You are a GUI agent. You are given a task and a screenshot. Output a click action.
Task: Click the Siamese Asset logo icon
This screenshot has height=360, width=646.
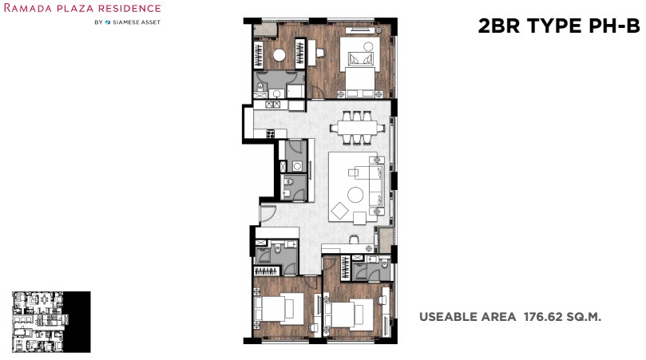pyautogui.click(x=108, y=22)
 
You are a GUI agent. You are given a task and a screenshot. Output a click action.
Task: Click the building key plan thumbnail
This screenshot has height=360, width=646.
pyautogui.click(x=51, y=322)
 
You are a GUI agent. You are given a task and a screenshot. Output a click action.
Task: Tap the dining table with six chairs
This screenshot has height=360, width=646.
pyautogui.click(x=358, y=128)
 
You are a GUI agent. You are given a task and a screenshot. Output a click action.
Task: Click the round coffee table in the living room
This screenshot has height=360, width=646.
pyautogui.click(x=355, y=195)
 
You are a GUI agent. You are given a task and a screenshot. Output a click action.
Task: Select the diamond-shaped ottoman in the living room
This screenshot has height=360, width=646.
pyautogui.click(x=339, y=212)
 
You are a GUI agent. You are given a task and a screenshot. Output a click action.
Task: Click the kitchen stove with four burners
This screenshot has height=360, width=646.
pyautogui.click(x=270, y=133)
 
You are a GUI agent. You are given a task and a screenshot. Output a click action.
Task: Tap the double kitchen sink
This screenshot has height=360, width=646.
pyautogui.click(x=273, y=105)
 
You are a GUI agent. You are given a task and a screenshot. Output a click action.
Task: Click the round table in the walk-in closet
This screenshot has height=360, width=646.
pyautogui.click(x=279, y=55)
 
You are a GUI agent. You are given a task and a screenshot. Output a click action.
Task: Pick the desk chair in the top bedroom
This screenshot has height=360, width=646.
pyautogui.click(x=320, y=53)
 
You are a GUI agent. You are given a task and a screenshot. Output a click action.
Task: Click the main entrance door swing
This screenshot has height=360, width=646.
pyautogui.click(x=267, y=212)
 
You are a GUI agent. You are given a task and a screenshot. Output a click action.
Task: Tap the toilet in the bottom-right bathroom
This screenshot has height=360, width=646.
pyautogui.click(x=385, y=264)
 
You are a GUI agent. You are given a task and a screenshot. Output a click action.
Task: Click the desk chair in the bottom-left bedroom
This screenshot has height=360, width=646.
pyautogui.click(x=314, y=328)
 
